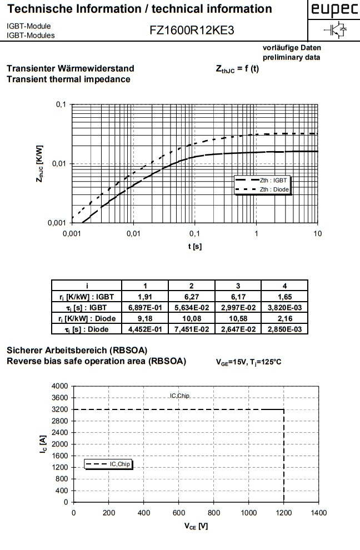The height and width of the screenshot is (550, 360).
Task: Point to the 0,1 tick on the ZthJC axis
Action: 61,105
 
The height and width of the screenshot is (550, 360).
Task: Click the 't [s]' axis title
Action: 194,247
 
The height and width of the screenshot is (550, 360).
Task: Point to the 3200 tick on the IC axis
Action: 61,409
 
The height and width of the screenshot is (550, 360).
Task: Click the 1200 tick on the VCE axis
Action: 284,513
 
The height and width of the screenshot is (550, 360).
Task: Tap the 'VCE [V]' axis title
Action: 196,526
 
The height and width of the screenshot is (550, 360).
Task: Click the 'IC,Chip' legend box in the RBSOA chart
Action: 109,464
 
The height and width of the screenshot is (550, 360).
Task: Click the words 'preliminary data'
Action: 292,57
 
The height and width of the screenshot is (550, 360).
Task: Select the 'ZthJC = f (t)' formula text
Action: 237,69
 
